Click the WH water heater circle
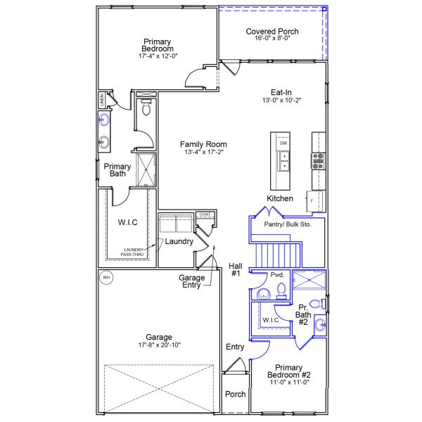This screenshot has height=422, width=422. coord(106,277)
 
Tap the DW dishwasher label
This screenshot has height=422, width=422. coord(283,143)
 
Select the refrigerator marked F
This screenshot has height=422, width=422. coord(312,200)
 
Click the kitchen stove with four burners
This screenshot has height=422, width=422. coord(319,160)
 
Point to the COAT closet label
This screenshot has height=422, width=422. coord(205,215)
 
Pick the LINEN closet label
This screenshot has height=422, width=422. coord(103,99)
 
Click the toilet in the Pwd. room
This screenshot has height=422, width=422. coord(281,290)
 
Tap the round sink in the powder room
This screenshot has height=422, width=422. coord(263,293)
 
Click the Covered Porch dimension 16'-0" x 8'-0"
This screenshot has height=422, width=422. coord(272,39)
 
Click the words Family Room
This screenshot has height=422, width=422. coord(203,144)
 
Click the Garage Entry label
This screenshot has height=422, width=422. coord(191,281)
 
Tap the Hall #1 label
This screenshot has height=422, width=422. coord(236,269)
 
